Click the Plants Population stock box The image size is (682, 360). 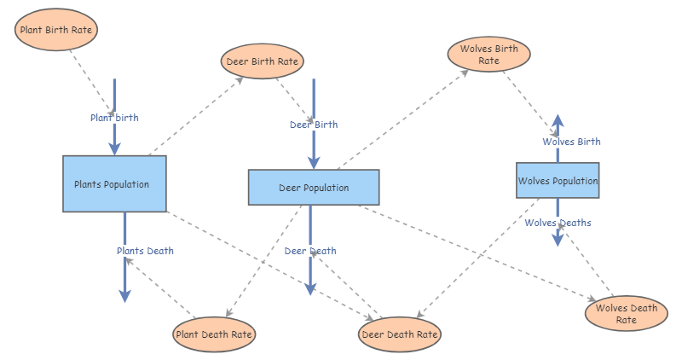tap(114, 183)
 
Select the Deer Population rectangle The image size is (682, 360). tap(313, 187)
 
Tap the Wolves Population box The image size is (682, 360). tap(558, 180)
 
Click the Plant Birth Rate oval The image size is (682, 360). tap(57, 30)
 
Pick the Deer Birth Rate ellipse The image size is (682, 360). tap(263, 61)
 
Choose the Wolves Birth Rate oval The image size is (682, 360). tap(488, 55)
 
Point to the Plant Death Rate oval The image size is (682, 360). tap(213, 334)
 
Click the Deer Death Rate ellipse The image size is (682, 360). tap(400, 334)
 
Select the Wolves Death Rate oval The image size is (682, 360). tap(626, 313)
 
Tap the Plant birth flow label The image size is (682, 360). tap(114, 118)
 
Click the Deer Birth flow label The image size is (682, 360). tap(314, 125)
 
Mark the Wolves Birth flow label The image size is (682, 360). tap(571, 142)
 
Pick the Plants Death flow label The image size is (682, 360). tap(145, 251)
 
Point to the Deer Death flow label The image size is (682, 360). tap(310, 251)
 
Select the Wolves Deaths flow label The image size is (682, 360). tap(558, 223)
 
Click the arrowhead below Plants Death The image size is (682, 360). tap(124, 295)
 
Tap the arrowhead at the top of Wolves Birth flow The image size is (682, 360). tap(557, 121)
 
